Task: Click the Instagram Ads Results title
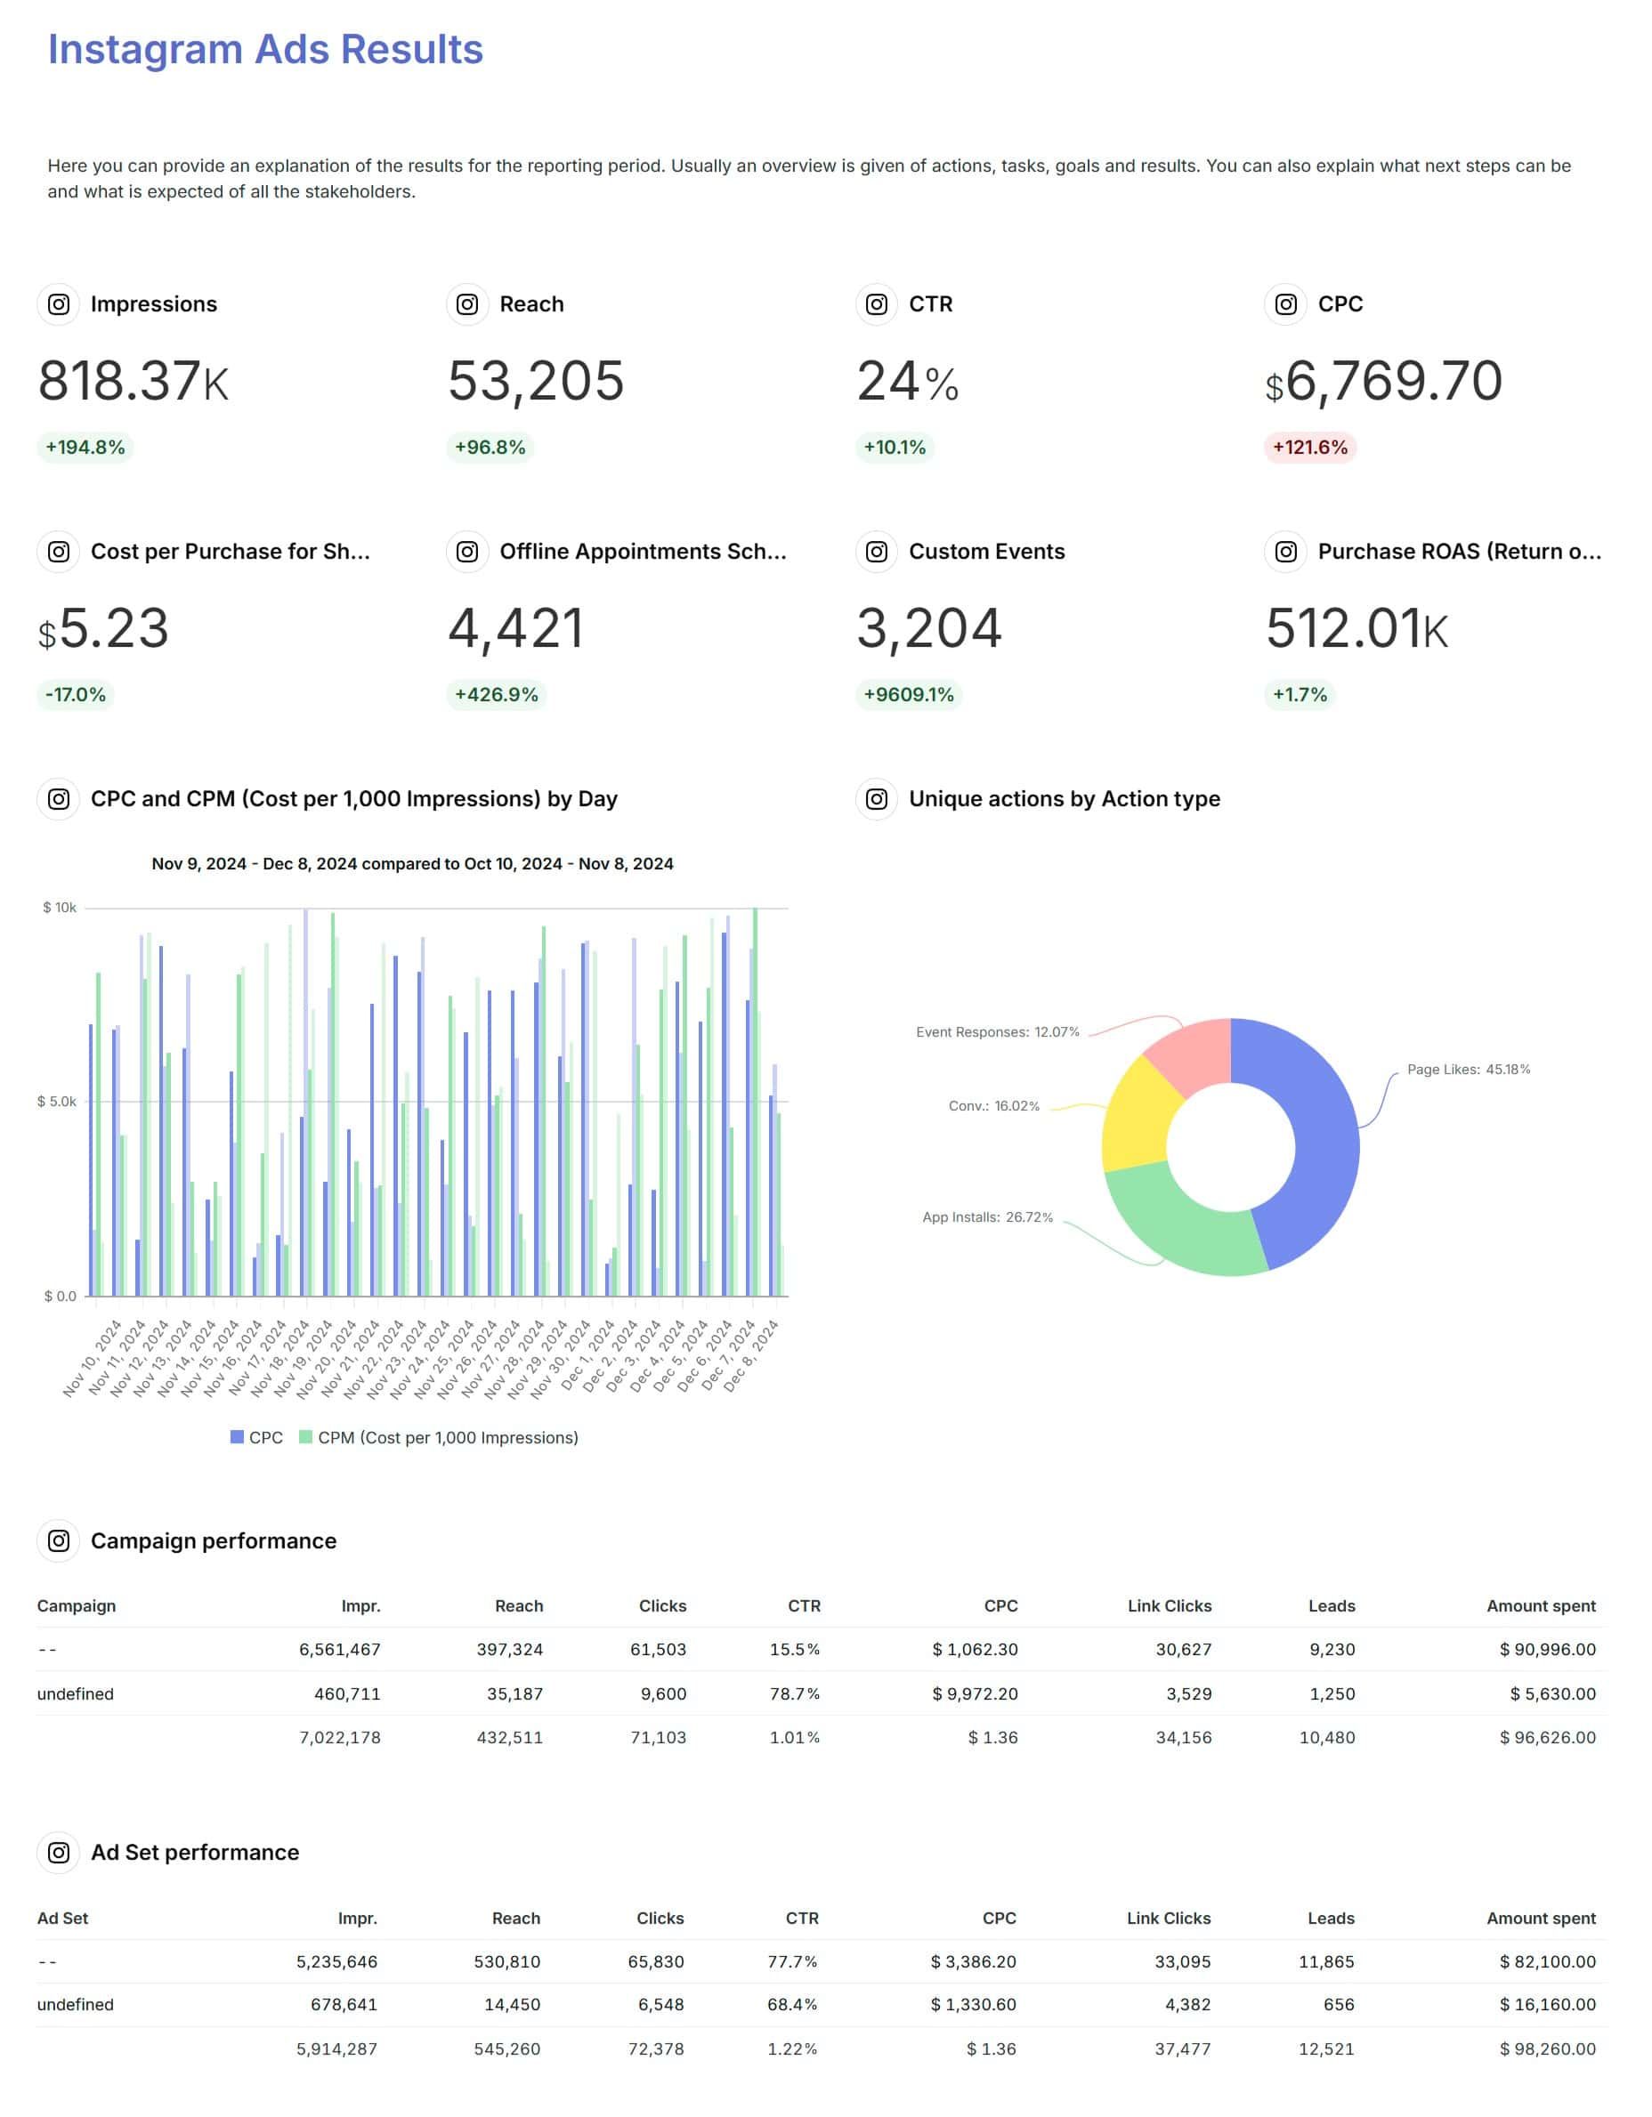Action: tap(264, 50)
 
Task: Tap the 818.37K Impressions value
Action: tap(133, 380)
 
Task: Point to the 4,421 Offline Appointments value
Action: tap(515, 628)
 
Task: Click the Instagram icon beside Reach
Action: tap(466, 304)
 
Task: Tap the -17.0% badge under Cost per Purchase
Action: tap(76, 694)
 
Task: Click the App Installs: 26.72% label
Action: tap(987, 1217)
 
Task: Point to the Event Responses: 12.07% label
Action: tap(997, 1032)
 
